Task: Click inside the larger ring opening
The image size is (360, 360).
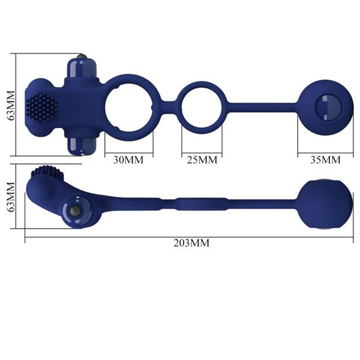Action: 130,109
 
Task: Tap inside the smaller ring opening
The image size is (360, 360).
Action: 202,109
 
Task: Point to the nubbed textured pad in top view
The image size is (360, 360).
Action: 44,107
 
